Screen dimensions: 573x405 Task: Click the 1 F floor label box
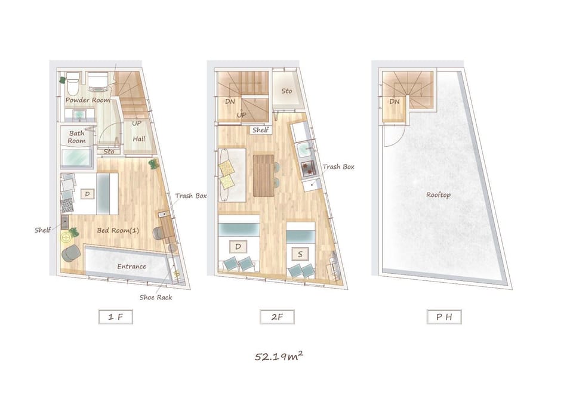pyautogui.click(x=115, y=317)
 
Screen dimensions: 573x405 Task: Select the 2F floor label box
pyautogui.click(x=277, y=317)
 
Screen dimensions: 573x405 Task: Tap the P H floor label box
pyautogui.click(x=444, y=317)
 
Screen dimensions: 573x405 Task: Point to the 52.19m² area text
pyautogui.click(x=279, y=356)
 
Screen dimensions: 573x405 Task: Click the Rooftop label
pyautogui.click(x=438, y=195)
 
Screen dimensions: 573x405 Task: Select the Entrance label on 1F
pyautogui.click(x=131, y=266)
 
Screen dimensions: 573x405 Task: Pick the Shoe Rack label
pyautogui.click(x=156, y=297)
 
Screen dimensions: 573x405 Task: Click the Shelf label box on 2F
pyautogui.click(x=261, y=130)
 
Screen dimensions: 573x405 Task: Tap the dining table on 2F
pyautogui.click(x=263, y=175)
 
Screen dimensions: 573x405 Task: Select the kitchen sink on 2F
pyautogui.click(x=303, y=150)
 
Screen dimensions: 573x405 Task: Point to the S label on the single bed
pyautogui.click(x=300, y=254)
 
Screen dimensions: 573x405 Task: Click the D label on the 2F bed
pyautogui.click(x=238, y=247)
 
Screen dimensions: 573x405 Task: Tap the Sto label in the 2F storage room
pyautogui.click(x=287, y=91)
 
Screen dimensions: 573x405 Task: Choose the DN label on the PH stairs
pyautogui.click(x=395, y=101)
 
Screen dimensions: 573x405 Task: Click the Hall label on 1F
pyautogui.click(x=139, y=139)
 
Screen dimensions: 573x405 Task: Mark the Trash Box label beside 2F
pyautogui.click(x=338, y=166)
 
